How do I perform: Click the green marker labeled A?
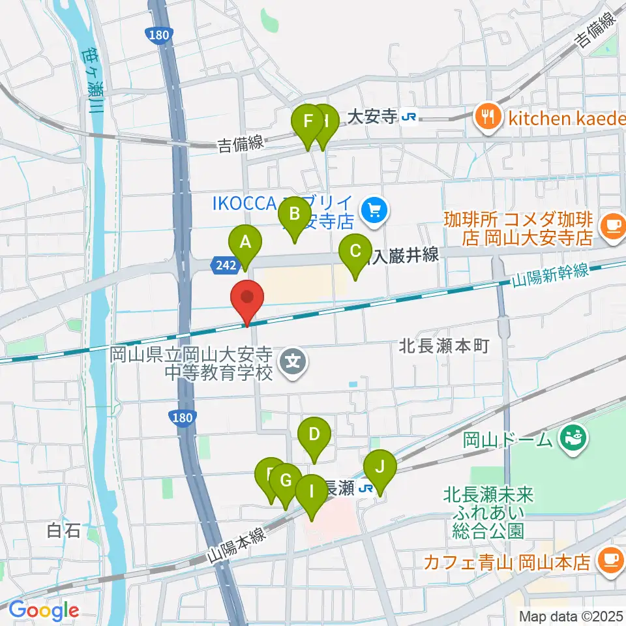245,243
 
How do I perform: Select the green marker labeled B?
294,214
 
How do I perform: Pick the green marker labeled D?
314,434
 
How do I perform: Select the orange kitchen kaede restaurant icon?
486,117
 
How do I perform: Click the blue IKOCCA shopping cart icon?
374,210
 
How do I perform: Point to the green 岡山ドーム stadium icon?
573,436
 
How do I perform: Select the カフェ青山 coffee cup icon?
611,559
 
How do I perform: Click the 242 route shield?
220,264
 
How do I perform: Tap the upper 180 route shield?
155,33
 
